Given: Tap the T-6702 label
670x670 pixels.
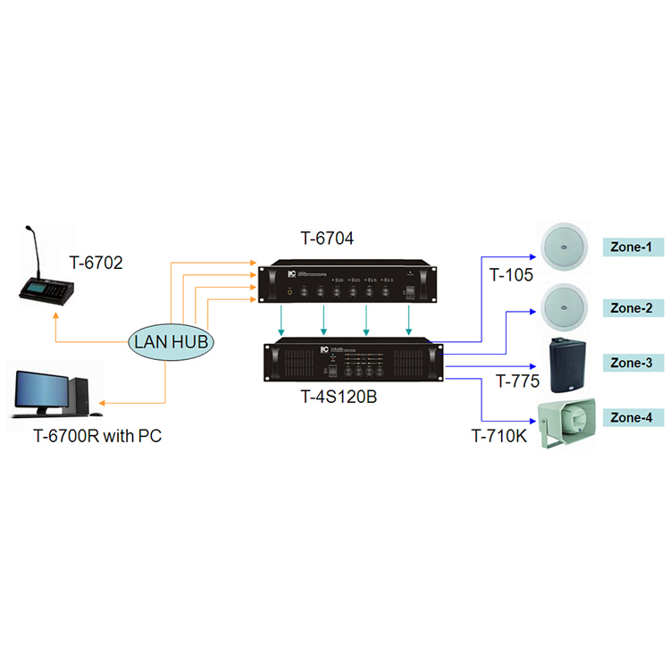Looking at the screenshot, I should coord(96,263).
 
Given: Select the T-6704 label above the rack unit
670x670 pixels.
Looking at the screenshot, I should coord(327,239).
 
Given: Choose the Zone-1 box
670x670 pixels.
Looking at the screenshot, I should coord(630,246).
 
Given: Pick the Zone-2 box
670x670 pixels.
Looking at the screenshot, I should coord(630,307).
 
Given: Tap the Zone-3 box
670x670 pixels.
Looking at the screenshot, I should coord(630,363).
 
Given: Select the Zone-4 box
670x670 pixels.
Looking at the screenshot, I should coord(630,417).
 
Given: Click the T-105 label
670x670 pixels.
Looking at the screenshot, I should coord(511,275).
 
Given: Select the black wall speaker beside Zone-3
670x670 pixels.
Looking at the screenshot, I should coord(565,364).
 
